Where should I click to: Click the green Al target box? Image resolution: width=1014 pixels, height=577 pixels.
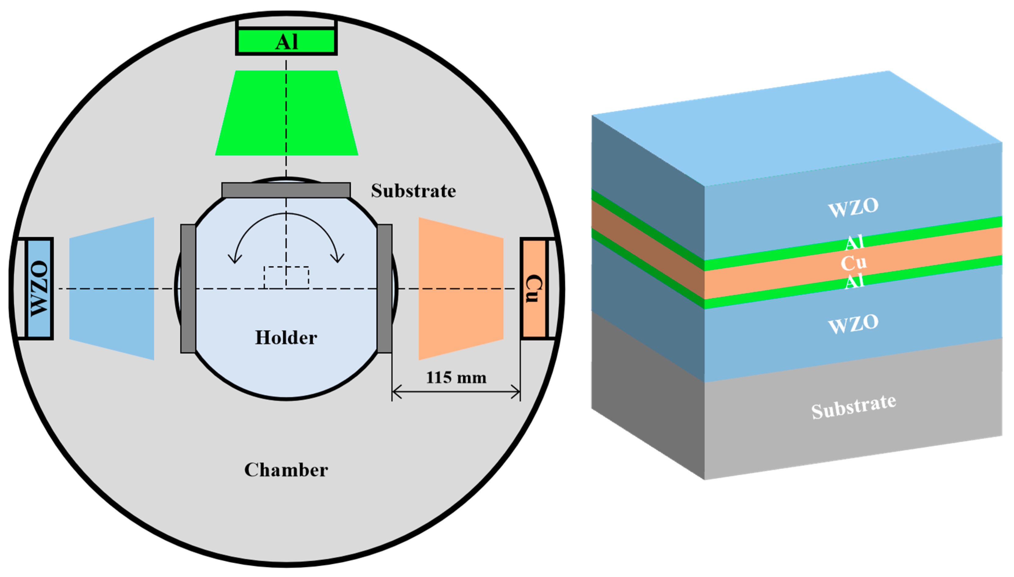(x=286, y=41)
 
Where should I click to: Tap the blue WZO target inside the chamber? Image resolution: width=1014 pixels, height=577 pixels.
(x=39, y=289)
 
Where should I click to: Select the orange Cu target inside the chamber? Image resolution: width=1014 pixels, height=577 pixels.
(x=533, y=289)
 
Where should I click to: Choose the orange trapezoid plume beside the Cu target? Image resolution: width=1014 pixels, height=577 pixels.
(x=461, y=289)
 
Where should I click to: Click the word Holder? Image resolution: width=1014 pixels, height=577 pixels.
(x=286, y=338)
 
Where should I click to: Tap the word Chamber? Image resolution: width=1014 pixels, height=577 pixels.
(x=286, y=470)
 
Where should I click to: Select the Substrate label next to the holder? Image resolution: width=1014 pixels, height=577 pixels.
(x=413, y=191)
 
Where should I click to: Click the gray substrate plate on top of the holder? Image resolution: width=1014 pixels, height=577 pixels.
(x=286, y=190)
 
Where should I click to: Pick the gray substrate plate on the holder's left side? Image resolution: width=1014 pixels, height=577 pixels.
(x=188, y=289)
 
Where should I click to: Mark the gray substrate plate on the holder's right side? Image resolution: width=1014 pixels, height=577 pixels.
(x=384, y=289)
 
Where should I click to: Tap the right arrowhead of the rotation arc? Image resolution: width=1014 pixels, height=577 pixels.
(x=338, y=258)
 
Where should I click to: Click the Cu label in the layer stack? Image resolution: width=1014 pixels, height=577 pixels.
(x=854, y=263)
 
